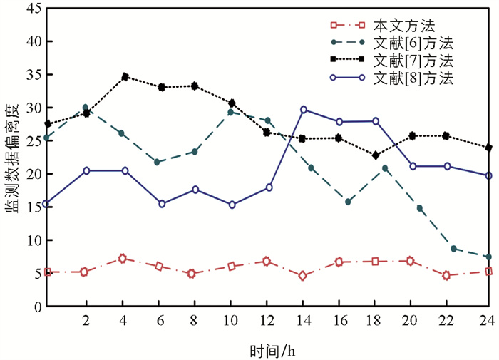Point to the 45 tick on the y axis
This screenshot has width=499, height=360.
31,9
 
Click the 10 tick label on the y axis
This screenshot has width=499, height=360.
31,240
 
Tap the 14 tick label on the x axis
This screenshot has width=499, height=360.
304,319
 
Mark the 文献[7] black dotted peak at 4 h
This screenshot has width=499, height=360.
125,76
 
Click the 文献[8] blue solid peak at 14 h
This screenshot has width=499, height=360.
304,110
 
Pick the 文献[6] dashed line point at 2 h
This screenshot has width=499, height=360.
86,108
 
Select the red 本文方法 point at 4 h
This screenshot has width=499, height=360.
123,258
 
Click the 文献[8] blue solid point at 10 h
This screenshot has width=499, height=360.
232,205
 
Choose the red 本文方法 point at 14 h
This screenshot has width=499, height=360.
303,276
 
